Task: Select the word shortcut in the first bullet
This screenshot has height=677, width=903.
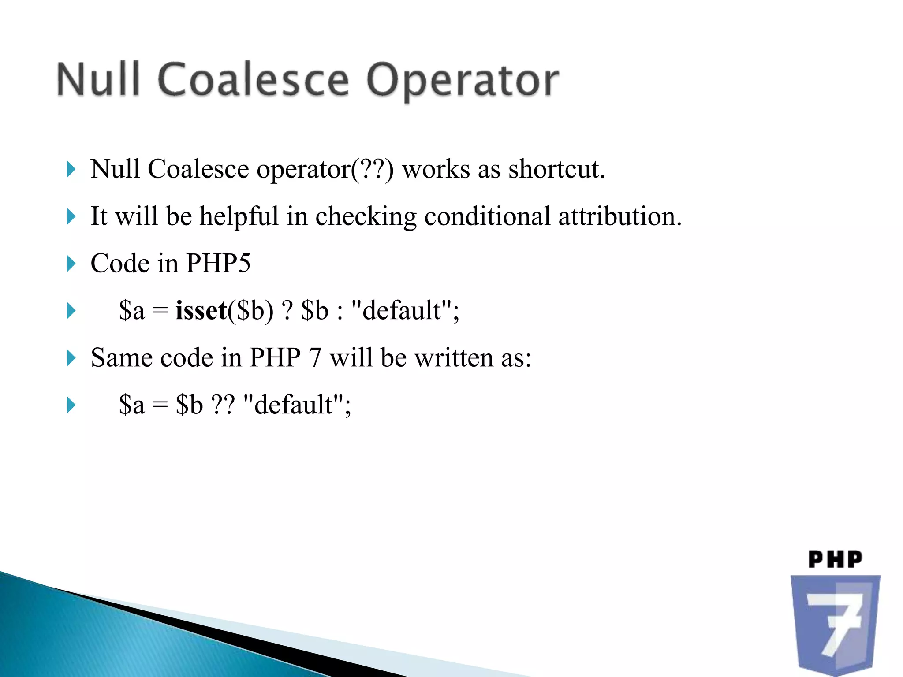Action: pos(556,169)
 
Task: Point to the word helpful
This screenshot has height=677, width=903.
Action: pos(239,216)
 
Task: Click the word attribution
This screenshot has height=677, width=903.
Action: pos(619,216)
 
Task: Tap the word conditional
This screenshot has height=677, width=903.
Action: pos(487,216)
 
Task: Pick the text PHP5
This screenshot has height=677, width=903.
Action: pos(218,264)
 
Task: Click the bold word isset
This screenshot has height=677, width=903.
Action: pos(201,310)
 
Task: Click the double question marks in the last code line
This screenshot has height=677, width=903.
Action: pos(223,405)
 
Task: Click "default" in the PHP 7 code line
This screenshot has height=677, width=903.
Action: pos(293,405)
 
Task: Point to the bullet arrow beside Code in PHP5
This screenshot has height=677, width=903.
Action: pos(71,264)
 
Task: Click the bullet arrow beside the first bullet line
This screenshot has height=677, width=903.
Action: pos(71,169)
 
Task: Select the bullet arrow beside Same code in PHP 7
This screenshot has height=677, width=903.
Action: pos(71,358)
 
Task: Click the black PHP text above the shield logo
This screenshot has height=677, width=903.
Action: pos(835,559)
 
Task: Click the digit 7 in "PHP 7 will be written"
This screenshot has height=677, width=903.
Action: pos(315,357)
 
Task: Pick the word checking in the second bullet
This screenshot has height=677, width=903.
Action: pos(366,217)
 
